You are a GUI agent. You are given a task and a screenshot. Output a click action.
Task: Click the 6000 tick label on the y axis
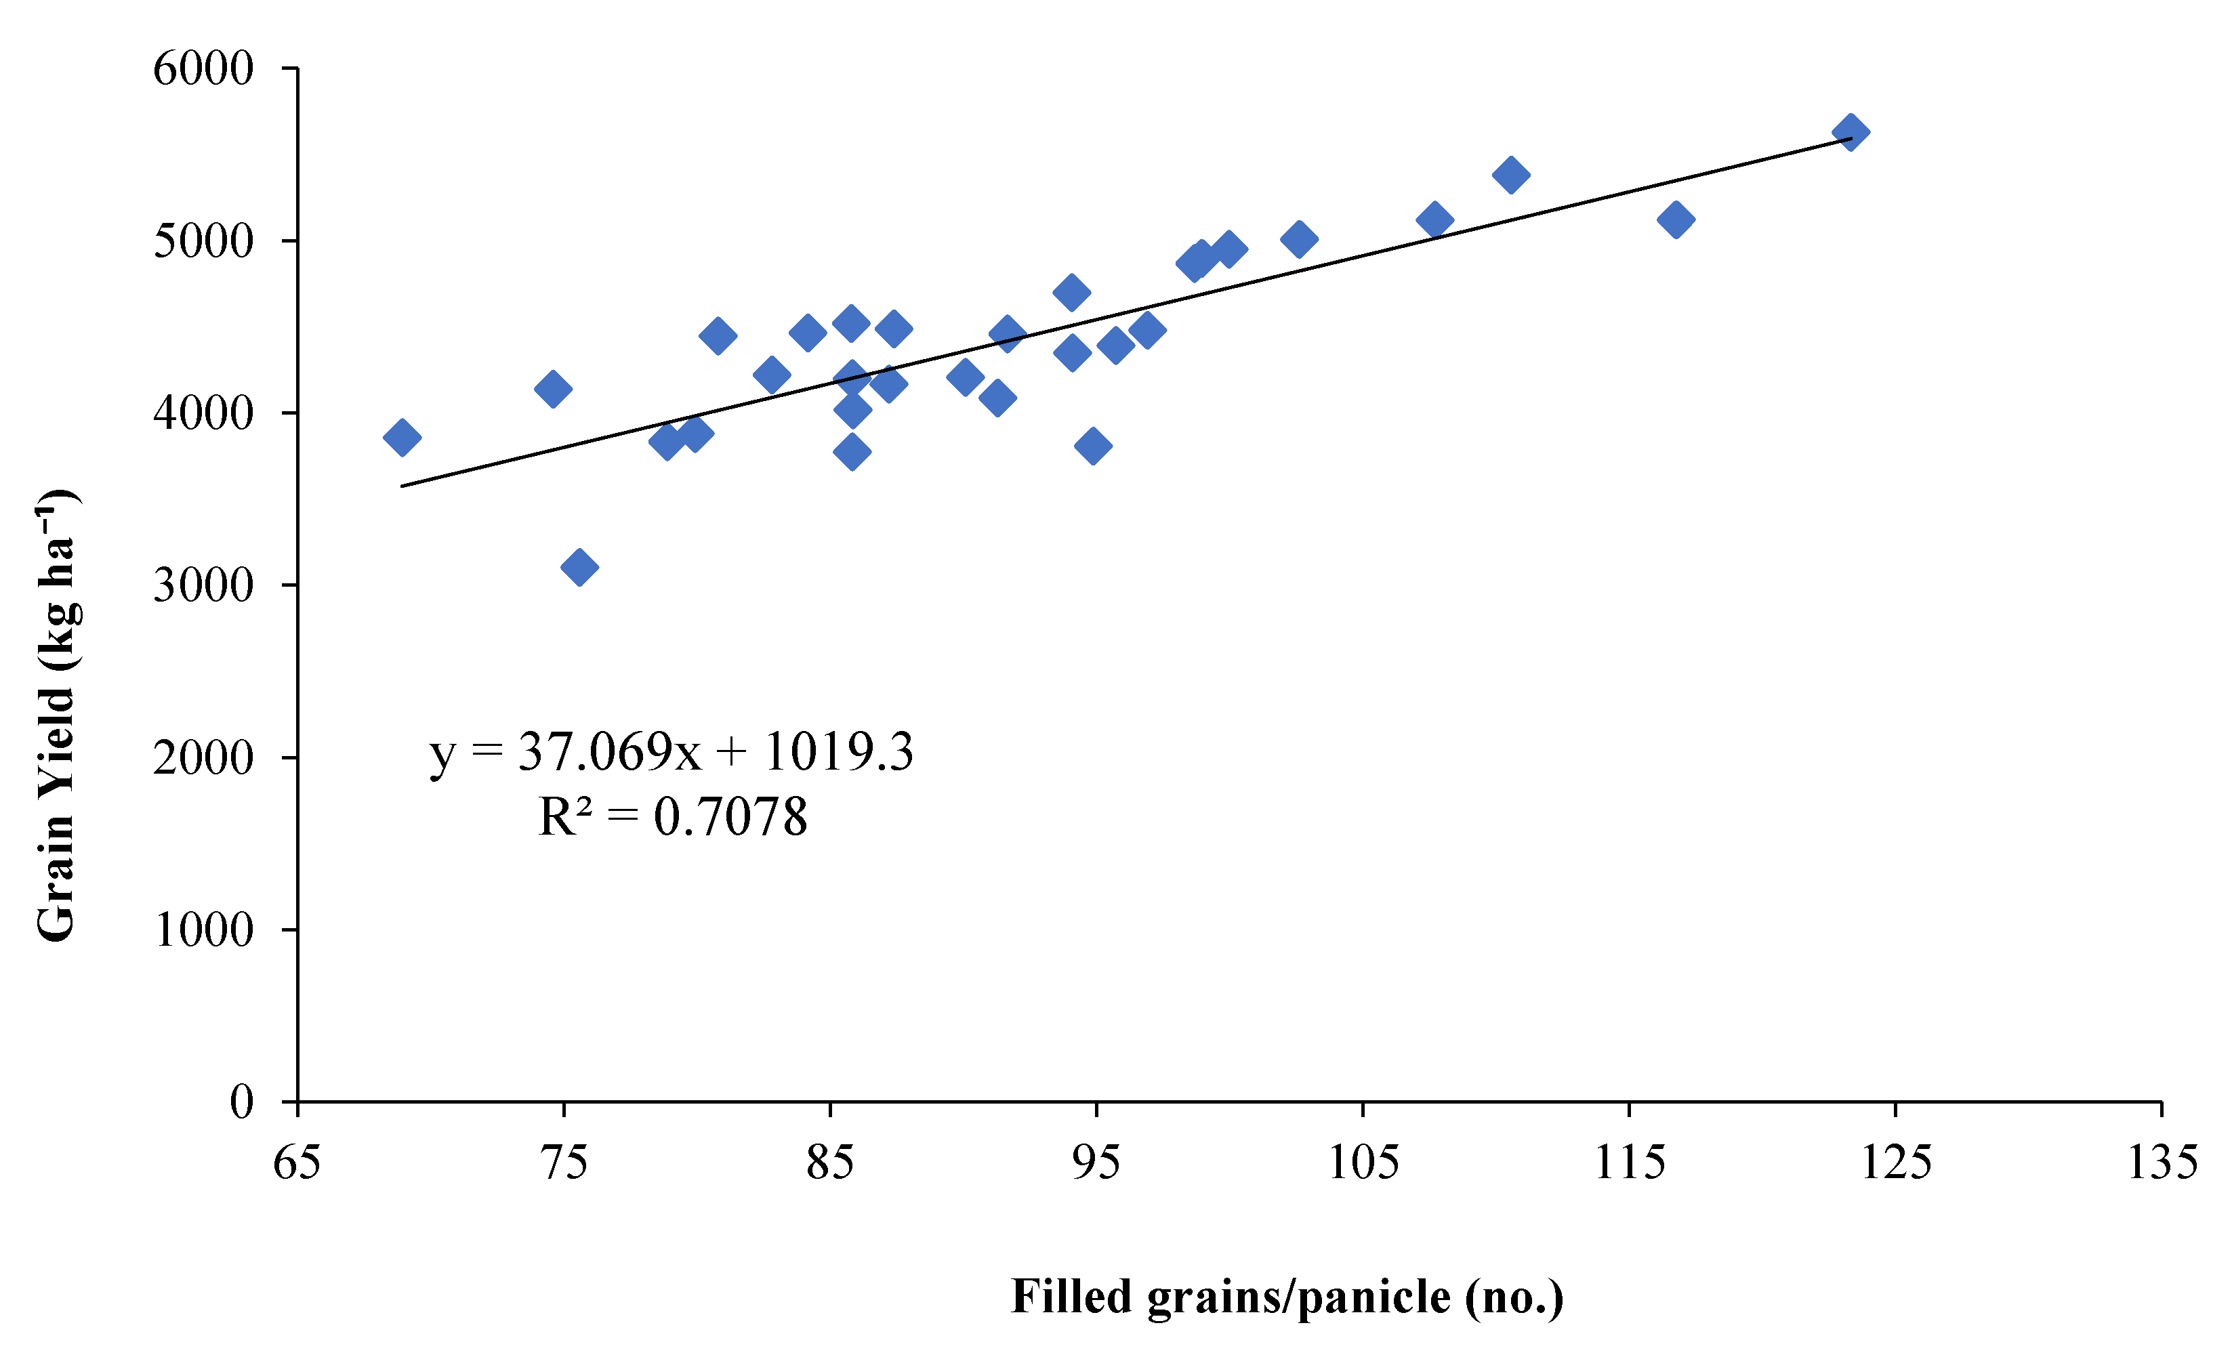[203, 69]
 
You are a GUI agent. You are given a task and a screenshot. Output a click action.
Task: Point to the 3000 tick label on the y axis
[203, 586]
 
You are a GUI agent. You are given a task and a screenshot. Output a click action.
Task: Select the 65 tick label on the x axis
[297, 1162]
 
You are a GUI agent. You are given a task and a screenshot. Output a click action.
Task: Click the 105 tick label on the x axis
[1363, 1162]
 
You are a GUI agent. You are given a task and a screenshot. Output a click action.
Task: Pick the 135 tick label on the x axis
[2162, 1162]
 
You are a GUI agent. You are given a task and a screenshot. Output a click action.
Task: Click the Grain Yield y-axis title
[58, 715]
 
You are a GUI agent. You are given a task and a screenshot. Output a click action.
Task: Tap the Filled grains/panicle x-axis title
[1286, 1297]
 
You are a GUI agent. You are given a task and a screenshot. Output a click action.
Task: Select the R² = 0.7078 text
[671, 816]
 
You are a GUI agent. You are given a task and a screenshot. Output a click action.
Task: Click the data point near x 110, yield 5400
[1511, 175]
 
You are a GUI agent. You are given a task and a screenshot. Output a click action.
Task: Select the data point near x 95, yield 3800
[1094, 446]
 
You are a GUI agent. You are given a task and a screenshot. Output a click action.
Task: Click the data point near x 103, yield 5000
[1299, 239]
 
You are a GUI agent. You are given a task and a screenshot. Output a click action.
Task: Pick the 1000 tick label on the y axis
[203, 930]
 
